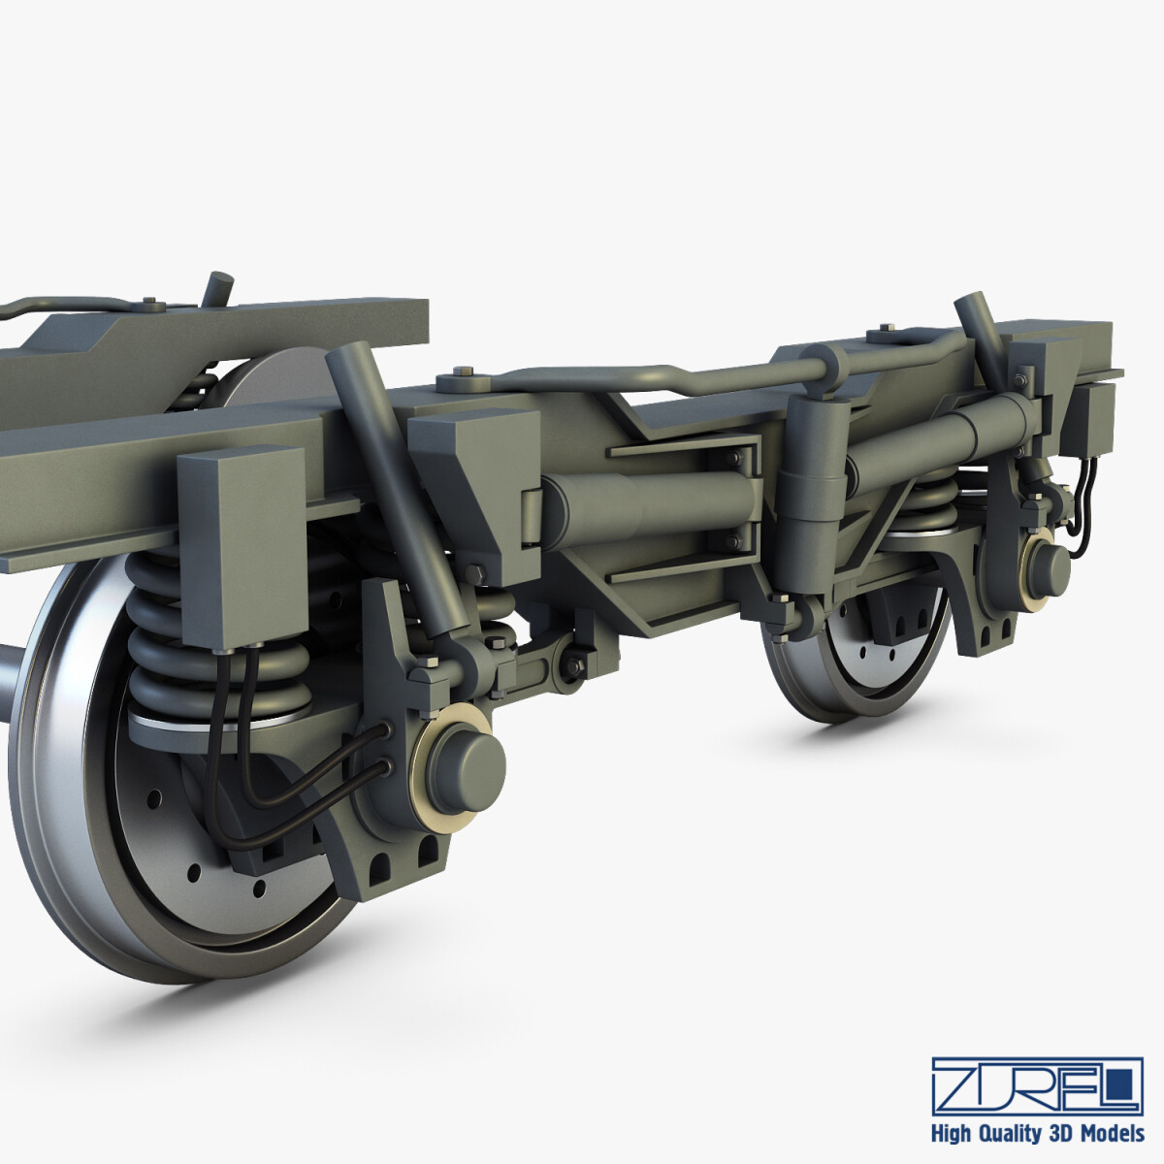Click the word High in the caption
(x=953, y=1133)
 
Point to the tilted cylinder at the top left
(x=218, y=287)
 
